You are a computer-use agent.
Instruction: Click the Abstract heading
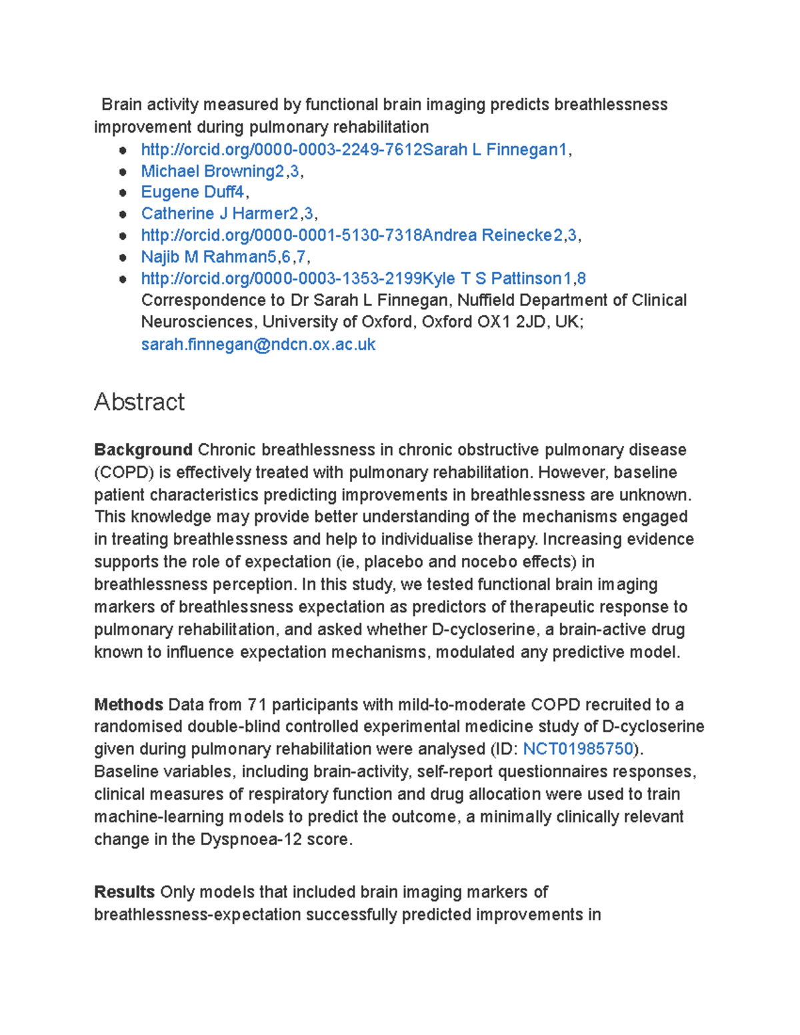(x=139, y=402)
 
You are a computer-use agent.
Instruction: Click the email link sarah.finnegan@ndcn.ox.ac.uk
(x=258, y=345)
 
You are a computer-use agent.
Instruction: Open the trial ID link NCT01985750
(x=578, y=749)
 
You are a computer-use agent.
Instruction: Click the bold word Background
(x=143, y=450)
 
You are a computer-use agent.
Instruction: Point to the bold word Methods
(x=129, y=704)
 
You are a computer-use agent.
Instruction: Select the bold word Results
(x=125, y=892)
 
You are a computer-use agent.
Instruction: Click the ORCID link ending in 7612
(x=281, y=150)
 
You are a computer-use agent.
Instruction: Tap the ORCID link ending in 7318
(x=281, y=235)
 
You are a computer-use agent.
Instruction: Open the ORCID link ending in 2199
(x=281, y=279)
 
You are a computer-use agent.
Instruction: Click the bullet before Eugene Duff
(x=123, y=193)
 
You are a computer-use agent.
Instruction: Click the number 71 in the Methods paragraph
(x=257, y=704)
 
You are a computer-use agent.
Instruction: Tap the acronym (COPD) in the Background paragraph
(x=124, y=473)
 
